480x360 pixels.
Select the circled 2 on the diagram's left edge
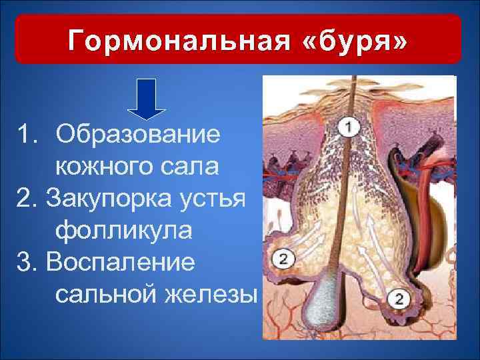click(x=282, y=259)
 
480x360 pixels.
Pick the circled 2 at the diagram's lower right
click(x=398, y=299)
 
